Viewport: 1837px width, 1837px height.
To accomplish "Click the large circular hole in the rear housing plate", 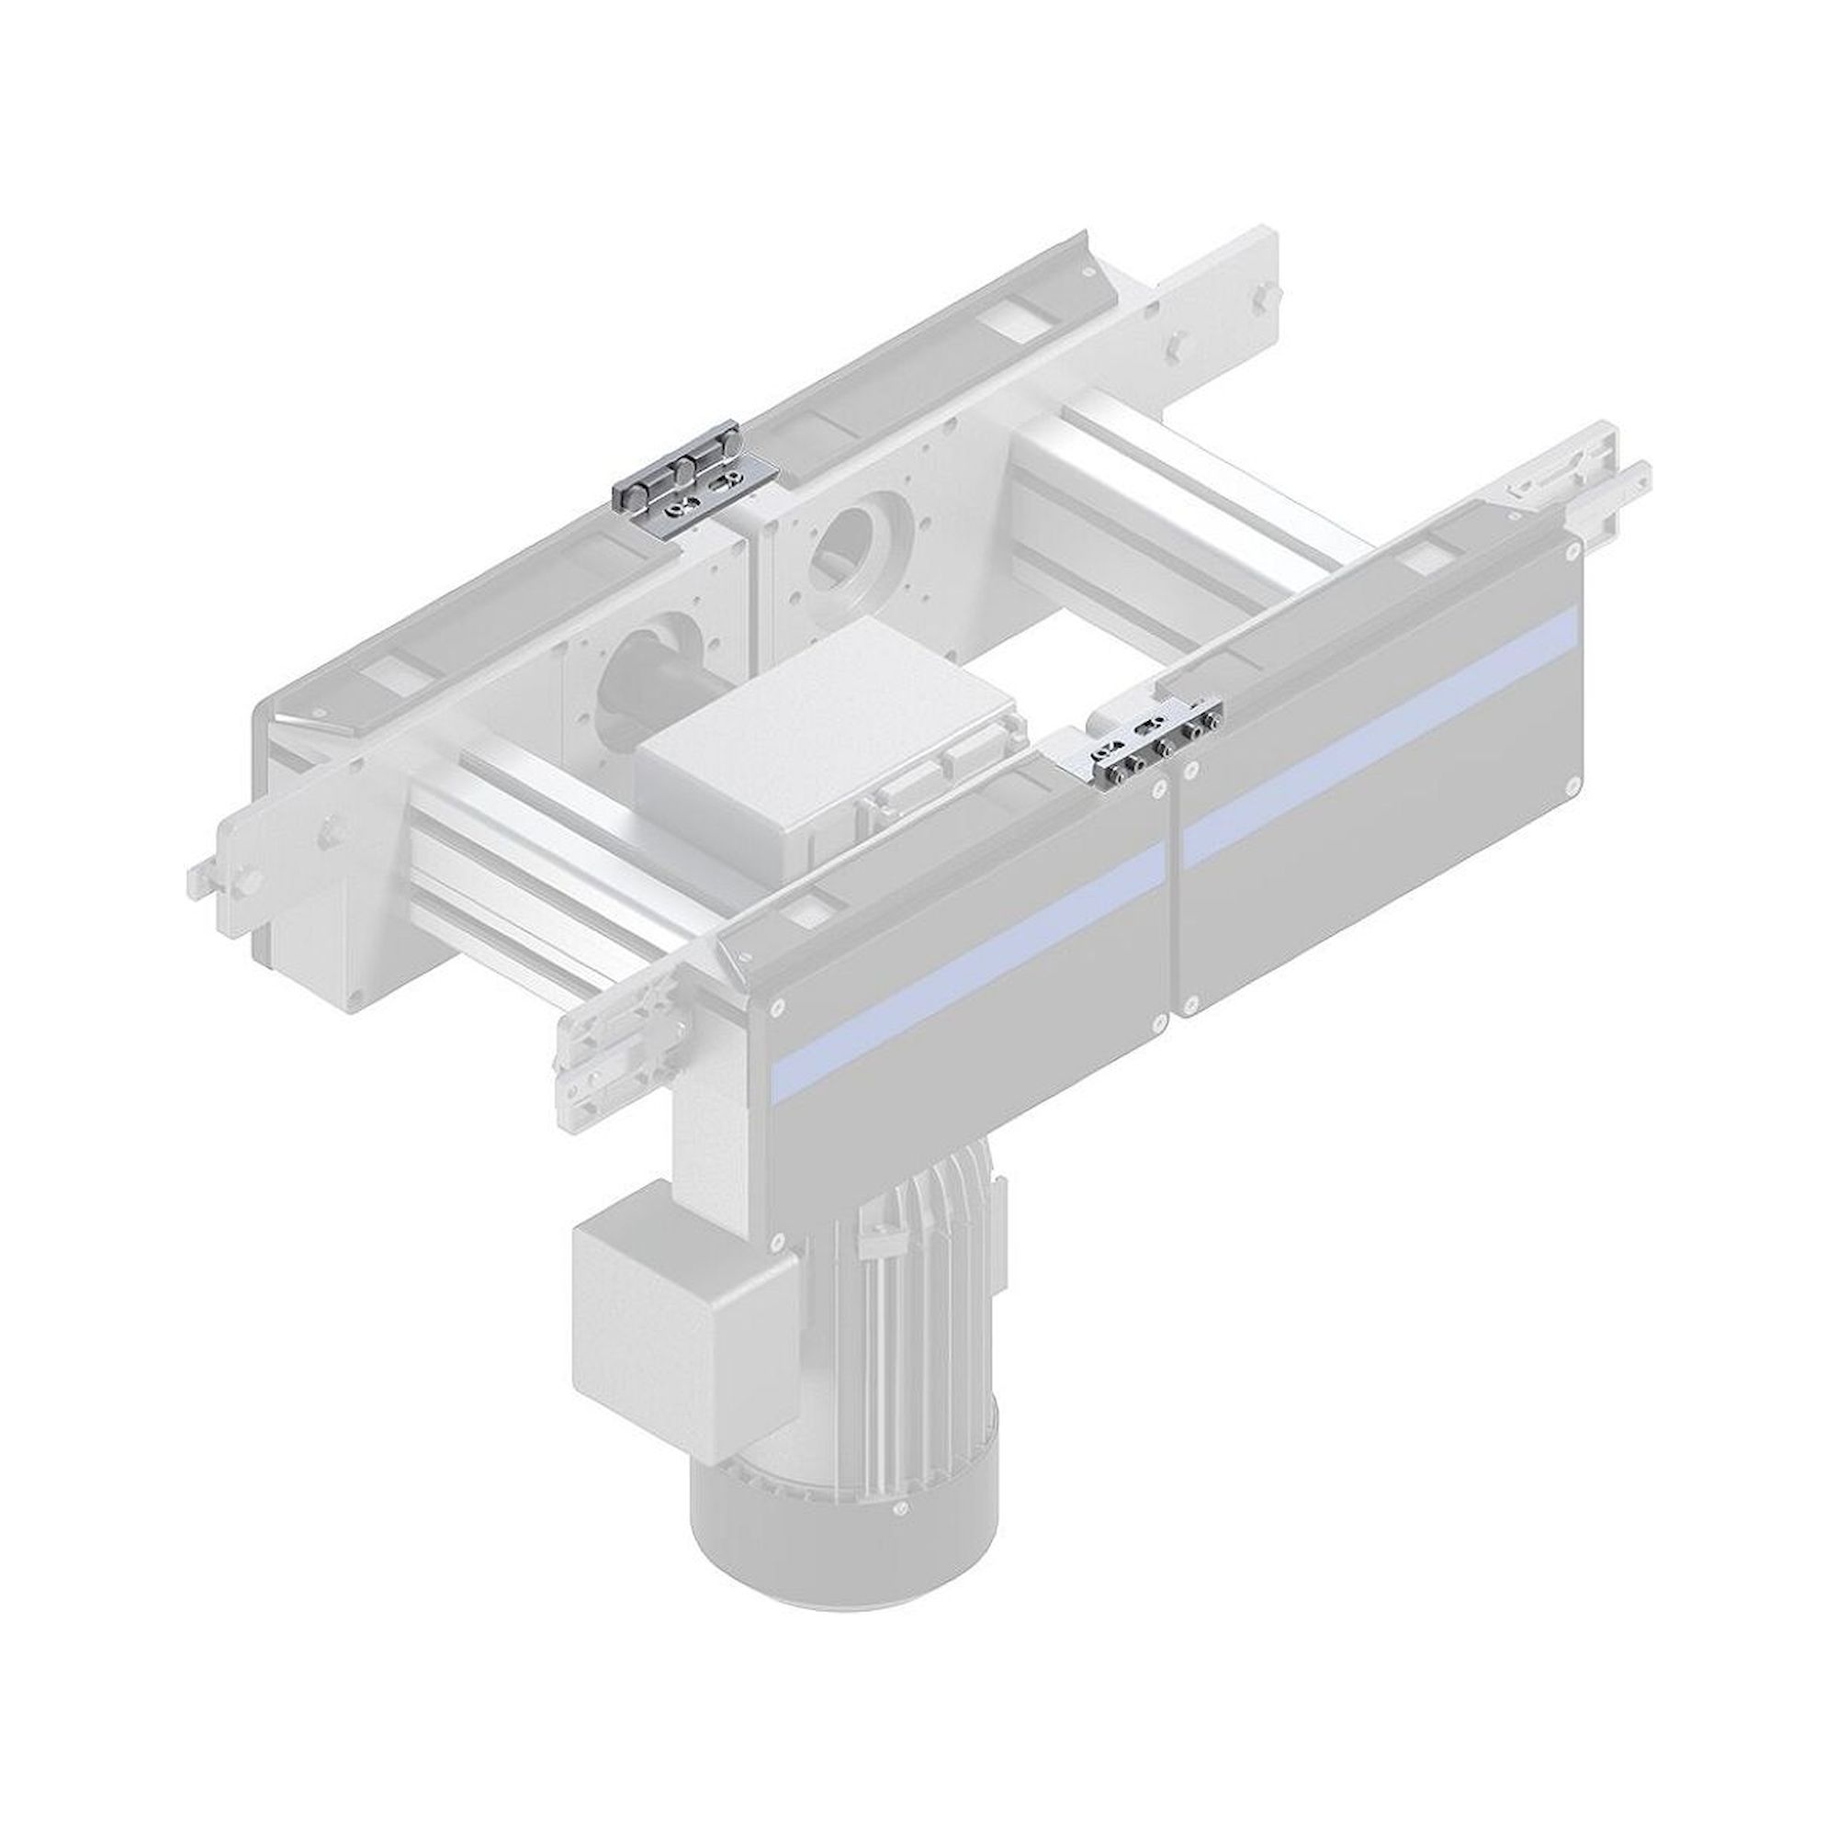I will (853, 552).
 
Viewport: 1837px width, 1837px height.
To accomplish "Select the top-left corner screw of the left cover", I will (780, 1005).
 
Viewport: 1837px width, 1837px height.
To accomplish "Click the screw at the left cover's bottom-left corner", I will (776, 1241).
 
